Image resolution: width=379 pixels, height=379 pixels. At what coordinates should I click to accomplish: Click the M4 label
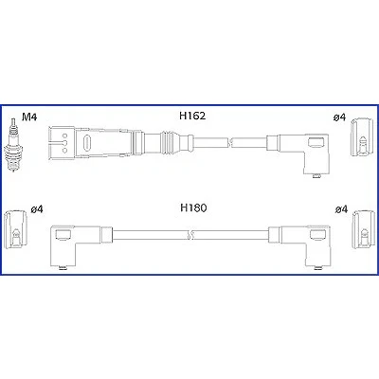[x=29, y=117]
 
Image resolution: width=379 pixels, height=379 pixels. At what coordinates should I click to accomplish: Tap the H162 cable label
[x=192, y=116]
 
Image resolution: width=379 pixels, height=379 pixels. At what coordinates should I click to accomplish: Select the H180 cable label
[x=193, y=208]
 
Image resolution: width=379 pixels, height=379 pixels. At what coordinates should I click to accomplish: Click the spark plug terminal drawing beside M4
[x=13, y=145]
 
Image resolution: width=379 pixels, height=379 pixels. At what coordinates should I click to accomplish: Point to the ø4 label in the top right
[x=339, y=117]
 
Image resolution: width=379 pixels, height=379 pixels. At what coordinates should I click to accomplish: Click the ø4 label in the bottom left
[x=37, y=209]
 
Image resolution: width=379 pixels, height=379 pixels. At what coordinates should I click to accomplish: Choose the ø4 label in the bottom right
[x=341, y=209]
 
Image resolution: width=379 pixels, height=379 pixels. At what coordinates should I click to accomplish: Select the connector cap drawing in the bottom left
[x=15, y=228]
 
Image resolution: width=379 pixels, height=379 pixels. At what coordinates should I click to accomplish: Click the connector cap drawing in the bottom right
[x=364, y=228]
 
